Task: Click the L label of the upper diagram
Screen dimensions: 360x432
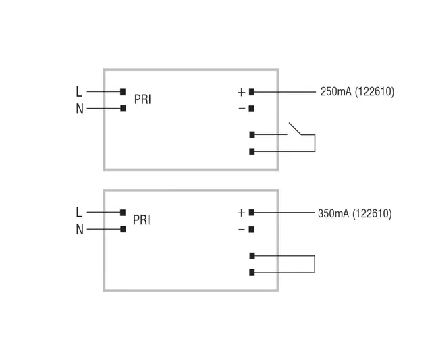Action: (79, 91)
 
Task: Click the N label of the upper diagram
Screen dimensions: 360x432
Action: (79, 109)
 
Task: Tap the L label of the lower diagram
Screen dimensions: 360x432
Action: (79, 212)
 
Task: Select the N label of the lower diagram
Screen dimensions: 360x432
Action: (79, 230)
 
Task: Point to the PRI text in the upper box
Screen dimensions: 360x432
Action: (142, 99)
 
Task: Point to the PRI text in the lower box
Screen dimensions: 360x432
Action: (142, 220)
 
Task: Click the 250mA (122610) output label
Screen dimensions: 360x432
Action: (357, 92)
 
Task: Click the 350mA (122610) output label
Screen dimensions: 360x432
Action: (354, 213)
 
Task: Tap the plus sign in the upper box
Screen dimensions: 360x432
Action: (241, 92)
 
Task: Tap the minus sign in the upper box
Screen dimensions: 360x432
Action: (241, 108)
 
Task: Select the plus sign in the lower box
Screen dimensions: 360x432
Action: (241, 213)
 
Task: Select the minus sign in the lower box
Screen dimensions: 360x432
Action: (241, 230)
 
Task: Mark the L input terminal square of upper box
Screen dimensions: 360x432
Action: (123, 91)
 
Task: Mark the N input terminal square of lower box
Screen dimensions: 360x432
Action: (123, 230)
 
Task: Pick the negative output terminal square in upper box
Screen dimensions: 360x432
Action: (252, 108)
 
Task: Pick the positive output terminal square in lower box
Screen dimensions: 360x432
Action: (252, 213)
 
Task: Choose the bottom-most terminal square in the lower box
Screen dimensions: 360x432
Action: (252, 272)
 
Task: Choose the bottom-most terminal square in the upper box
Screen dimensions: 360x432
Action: (252, 151)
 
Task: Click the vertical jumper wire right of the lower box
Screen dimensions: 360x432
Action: (315, 264)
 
